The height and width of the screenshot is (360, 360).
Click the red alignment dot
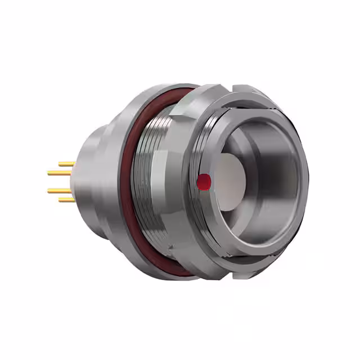point(204,181)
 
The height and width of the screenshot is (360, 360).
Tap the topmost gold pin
point(67,164)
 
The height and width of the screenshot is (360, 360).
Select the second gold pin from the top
point(60,173)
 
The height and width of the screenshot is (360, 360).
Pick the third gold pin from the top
point(60,191)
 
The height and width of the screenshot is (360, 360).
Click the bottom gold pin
point(67,199)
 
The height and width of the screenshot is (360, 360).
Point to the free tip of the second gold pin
point(49,173)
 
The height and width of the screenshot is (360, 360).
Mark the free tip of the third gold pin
point(49,191)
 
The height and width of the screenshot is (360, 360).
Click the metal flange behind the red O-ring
point(115,180)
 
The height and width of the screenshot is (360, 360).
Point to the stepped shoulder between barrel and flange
point(101,135)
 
